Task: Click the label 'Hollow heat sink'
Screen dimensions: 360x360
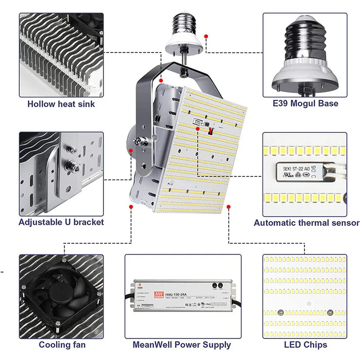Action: [61, 104]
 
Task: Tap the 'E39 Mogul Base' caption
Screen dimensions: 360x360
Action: [304, 104]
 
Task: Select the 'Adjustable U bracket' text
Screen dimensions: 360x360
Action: [61, 222]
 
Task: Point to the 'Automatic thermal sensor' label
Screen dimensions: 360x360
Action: [306, 223]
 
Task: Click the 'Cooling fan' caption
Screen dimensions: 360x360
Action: [62, 345]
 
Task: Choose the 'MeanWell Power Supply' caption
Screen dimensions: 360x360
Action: [182, 345]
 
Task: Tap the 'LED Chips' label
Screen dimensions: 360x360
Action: [305, 345]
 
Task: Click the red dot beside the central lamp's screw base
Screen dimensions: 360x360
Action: [206, 36]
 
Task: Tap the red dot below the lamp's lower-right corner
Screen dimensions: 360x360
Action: [229, 206]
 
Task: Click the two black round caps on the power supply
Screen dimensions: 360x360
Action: [218, 286]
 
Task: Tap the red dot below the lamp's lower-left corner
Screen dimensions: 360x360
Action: [131, 207]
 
